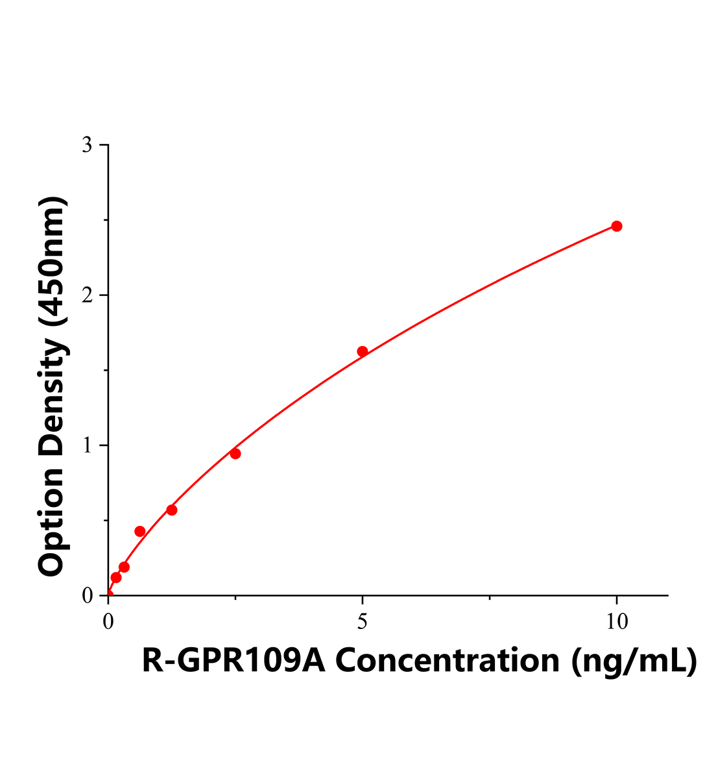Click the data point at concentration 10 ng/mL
(x=617, y=226)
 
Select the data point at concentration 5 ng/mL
(x=363, y=351)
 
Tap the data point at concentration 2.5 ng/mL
(x=235, y=453)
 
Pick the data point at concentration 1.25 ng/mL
(x=172, y=510)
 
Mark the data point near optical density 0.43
(x=140, y=531)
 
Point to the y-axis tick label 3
(x=86, y=145)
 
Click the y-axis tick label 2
(x=86, y=295)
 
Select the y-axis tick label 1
(x=86, y=445)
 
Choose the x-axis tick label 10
(x=617, y=622)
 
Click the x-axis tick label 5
(x=363, y=622)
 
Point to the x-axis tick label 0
(x=108, y=622)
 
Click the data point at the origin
(x=108, y=594)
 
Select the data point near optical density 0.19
(x=124, y=567)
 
